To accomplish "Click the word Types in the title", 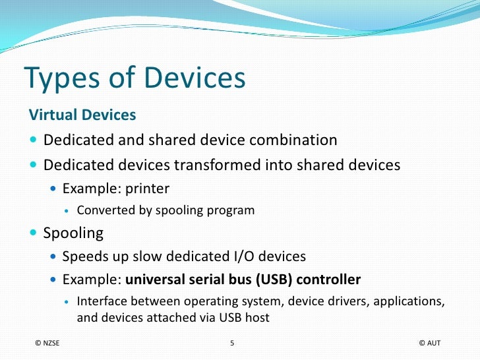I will [62, 79].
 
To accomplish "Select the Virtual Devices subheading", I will [82, 115].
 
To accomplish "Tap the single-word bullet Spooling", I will [73, 233].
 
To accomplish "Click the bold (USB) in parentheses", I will [271, 280].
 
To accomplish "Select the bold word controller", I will [328, 280].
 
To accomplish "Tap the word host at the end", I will [256, 317].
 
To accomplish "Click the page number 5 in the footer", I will [232, 344].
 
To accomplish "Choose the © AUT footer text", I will [429, 344].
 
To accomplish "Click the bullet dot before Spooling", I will [34, 233].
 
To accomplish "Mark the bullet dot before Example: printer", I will [54, 190].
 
